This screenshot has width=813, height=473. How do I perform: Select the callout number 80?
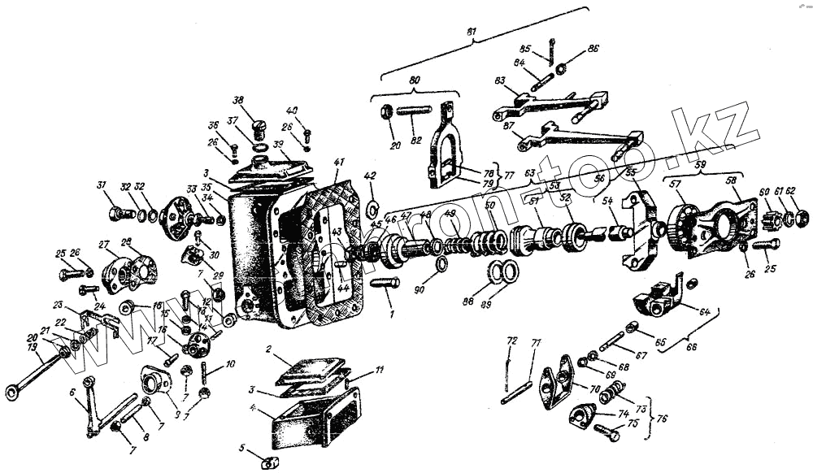414,80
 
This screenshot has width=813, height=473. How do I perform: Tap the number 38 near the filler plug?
238,101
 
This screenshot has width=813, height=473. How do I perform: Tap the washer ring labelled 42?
372,202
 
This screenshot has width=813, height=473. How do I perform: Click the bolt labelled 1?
385,282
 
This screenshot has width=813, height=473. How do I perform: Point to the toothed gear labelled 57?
681,221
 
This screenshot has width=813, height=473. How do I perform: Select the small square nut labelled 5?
267,462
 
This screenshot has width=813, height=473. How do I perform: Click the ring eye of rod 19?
12,393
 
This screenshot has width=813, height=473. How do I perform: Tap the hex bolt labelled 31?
116,214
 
